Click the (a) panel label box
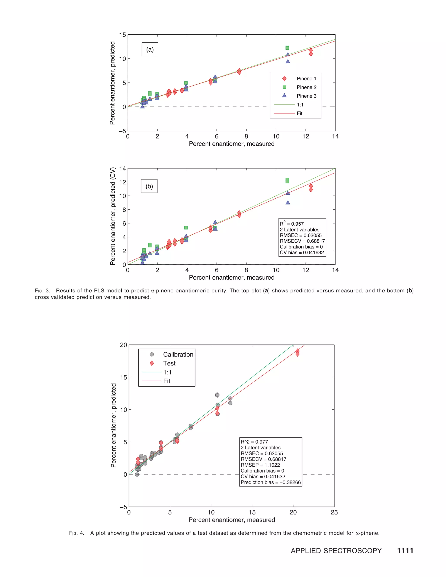pyautogui.click(x=150, y=49)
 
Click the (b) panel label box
pyautogui.click(x=149, y=186)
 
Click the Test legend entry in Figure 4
pyautogui.click(x=169, y=363)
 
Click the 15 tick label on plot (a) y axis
pyautogui.click(x=122, y=35)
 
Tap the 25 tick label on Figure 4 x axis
pyautogui.click(x=334, y=512)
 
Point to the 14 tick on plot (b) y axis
pyautogui.click(x=122, y=169)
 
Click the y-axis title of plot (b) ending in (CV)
pyautogui.click(x=113, y=216)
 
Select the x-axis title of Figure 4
pyautogui.click(x=232, y=520)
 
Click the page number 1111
pyautogui.click(x=405, y=551)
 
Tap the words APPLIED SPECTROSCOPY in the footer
pyautogui.click(x=336, y=551)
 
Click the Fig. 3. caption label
pyautogui.click(x=42, y=291)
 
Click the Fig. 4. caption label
pyautogui.click(x=77, y=533)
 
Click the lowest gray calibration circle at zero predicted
pyautogui.click(x=137, y=474)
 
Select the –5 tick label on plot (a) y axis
pyautogui.click(x=122, y=131)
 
